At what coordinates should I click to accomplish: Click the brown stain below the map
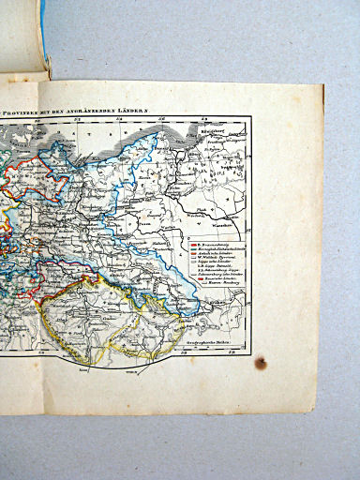(x=261, y=363)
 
